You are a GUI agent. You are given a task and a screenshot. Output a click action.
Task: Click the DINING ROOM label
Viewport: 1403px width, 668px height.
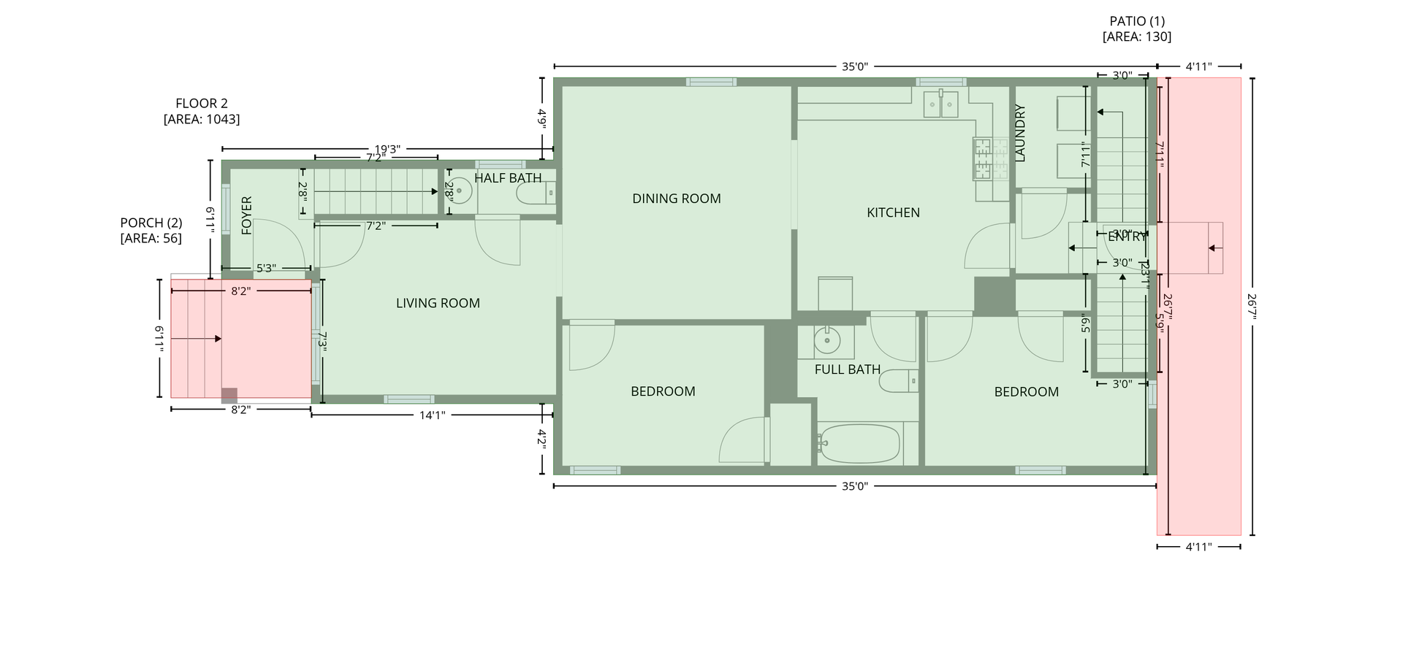(x=676, y=199)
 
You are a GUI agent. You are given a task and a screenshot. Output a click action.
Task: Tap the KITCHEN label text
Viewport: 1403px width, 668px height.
(x=893, y=212)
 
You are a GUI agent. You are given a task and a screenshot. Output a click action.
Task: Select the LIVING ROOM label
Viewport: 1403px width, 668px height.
(x=438, y=303)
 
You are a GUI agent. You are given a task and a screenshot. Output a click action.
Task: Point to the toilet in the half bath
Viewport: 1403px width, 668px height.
(x=536, y=193)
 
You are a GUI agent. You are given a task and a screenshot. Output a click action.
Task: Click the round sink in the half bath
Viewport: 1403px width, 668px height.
(x=460, y=191)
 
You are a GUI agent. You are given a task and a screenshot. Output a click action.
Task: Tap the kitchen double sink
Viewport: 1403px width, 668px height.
(x=940, y=104)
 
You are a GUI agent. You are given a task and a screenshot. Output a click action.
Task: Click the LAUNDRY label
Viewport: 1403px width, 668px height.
(x=1021, y=133)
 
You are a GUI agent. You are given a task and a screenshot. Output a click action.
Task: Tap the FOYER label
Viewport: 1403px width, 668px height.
(x=246, y=215)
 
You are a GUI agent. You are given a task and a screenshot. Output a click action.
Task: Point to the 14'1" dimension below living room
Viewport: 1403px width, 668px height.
(x=432, y=415)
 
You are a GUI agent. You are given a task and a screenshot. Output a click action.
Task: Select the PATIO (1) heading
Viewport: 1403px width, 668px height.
(x=1136, y=21)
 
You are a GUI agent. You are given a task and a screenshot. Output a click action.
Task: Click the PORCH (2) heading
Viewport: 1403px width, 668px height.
(x=151, y=223)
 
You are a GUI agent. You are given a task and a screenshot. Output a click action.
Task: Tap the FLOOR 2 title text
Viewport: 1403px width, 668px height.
(x=201, y=103)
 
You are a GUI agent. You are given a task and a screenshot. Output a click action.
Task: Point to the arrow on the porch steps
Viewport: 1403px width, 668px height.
(x=216, y=339)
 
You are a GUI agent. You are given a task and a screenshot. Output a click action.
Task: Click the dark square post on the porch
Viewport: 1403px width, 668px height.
(x=229, y=395)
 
